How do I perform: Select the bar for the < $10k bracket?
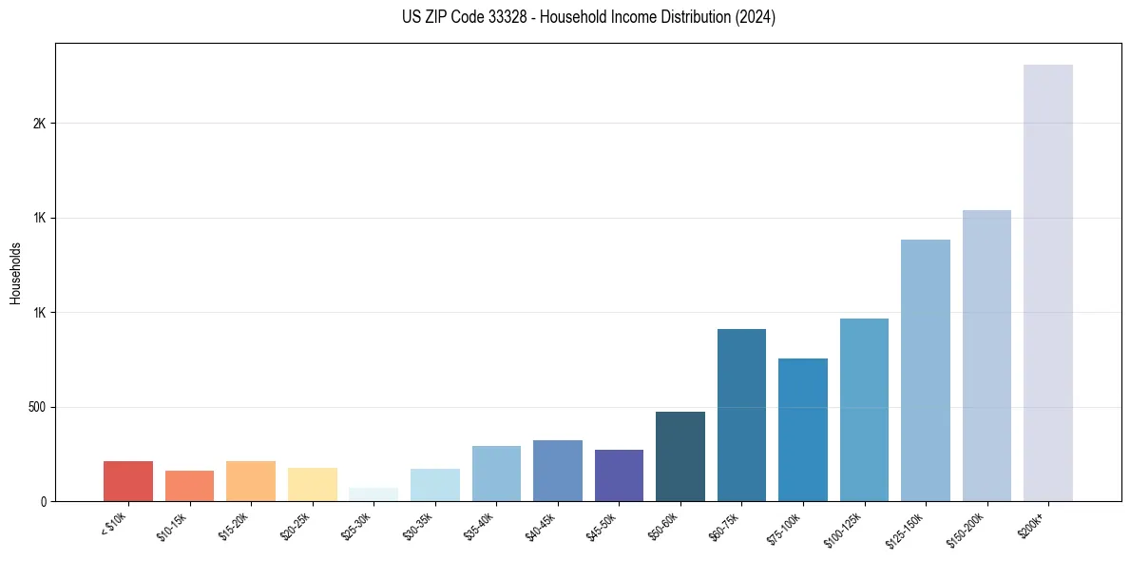(x=128, y=481)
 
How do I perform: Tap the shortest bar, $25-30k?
(x=373, y=494)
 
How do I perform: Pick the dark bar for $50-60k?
(x=680, y=456)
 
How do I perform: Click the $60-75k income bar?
(x=741, y=415)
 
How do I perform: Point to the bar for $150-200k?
(x=986, y=356)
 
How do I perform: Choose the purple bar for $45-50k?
(x=619, y=475)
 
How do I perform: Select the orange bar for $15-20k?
(x=251, y=481)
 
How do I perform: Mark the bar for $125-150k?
(x=925, y=370)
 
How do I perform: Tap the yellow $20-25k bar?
(x=312, y=484)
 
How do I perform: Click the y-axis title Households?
(x=15, y=272)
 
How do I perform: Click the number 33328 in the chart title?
(x=505, y=17)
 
